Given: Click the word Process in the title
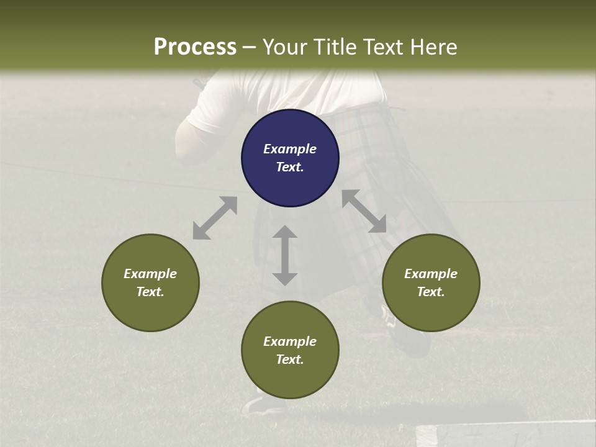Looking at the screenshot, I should [x=195, y=47].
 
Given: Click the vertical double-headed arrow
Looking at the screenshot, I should [x=285, y=255].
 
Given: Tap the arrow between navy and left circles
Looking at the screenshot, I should [x=215, y=218].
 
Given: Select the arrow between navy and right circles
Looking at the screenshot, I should [x=364, y=212].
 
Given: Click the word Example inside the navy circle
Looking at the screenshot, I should [x=290, y=149].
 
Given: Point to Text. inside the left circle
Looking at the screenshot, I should [x=150, y=292].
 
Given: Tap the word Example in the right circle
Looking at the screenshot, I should [x=431, y=274].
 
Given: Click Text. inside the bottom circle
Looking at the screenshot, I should [x=290, y=359].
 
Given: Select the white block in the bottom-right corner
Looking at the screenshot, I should [x=503, y=435].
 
